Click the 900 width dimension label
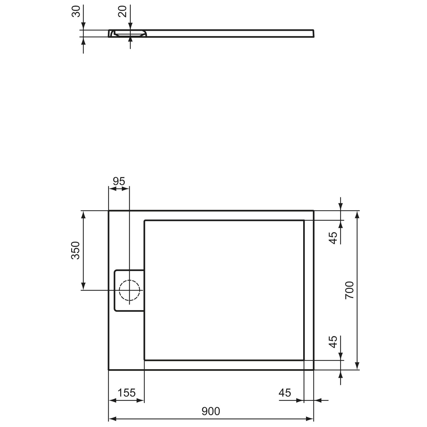[x=211, y=411]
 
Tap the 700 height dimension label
[x=349, y=290]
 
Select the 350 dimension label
[x=75, y=250]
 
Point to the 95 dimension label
[x=119, y=181]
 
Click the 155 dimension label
[x=127, y=393]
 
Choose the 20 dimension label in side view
[x=122, y=11]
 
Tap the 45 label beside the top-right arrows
[x=333, y=238]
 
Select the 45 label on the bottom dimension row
[x=285, y=393]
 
